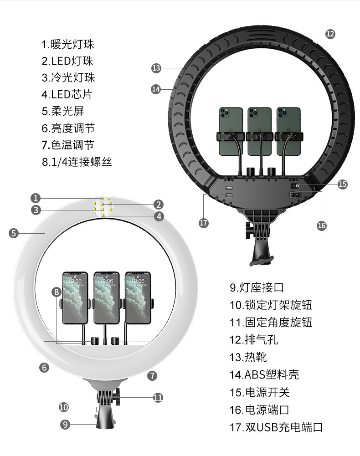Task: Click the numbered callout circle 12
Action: pos(330,34)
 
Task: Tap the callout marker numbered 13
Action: pos(156,68)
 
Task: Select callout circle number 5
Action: pos(14,233)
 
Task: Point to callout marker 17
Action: pos(204,223)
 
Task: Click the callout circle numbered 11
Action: pos(158,397)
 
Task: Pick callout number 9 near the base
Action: pos(65,424)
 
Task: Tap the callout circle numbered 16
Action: pos(322,225)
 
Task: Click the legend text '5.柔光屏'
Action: pos(63,111)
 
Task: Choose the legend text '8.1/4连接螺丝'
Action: pos(77,162)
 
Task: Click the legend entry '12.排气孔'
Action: pos(253,340)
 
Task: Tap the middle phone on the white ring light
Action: pos(106,297)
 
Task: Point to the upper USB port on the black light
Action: pos(228,188)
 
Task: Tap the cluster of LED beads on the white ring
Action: pos(103,208)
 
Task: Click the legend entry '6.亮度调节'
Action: pos(68,128)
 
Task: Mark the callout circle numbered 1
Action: pos(36,198)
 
